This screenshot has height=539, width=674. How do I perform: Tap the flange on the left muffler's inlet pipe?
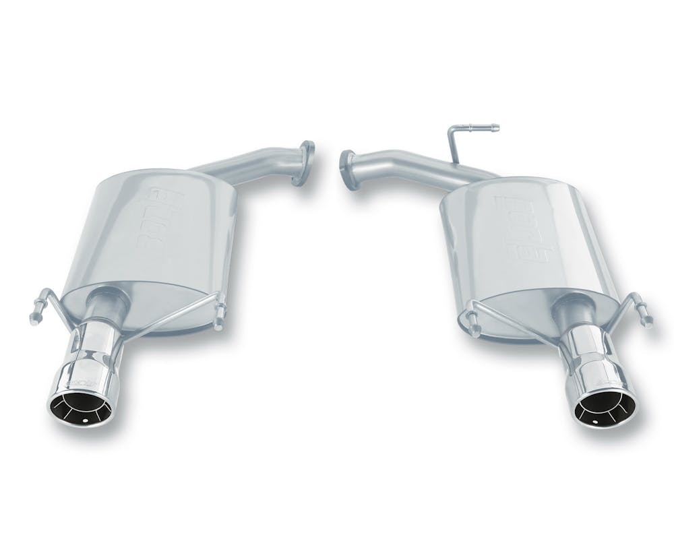(x=304, y=162)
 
